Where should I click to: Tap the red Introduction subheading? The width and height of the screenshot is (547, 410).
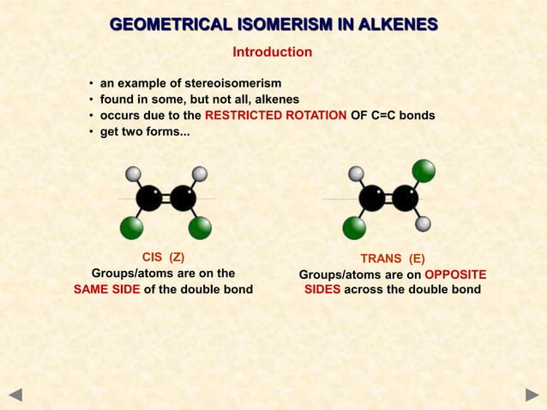pyautogui.click(x=273, y=52)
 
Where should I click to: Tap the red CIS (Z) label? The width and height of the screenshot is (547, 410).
pyautogui.click(x=163, y=257)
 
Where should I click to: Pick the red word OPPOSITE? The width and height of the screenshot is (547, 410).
pyautogui.click(x=455, y=274)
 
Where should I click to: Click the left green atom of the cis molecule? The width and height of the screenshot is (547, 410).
pyautogui.click(x=131, y=227)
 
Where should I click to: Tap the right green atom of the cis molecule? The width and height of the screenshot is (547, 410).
pyautogui.click(x=200, y=227)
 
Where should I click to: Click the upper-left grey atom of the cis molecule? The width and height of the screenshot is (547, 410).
pyautogui.click(x=133, y=174)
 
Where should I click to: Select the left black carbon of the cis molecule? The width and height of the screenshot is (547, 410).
pyautogui.click(x=148, y=198)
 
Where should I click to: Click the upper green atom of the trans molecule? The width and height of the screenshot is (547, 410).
pyautogui.click(x=423, y=171)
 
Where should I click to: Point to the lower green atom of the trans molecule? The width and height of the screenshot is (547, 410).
pyautogui.click(x=354, y=227)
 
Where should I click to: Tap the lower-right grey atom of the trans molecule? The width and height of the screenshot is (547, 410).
pyautogui.click(x=423, y=224)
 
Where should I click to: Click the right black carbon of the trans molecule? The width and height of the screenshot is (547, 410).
pyautogui.click(x=406, y=198)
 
